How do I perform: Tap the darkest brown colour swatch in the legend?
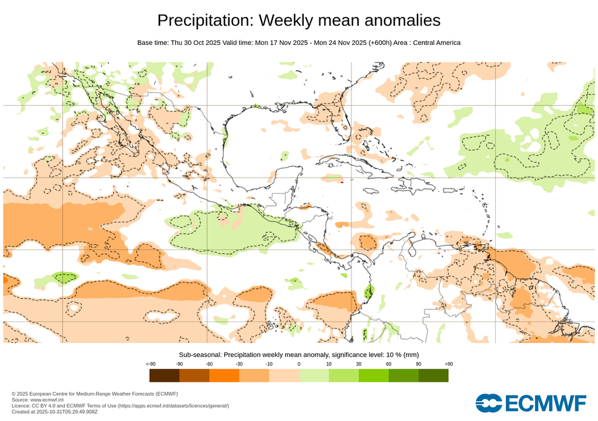[164, 375]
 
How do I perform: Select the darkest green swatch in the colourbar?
[433, 375]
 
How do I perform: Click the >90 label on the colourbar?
[448, 364]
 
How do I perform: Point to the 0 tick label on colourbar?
[299, 364]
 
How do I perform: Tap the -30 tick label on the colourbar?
[239, 364]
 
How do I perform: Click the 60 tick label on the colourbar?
[388, 364]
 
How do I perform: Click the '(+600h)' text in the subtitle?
[382, 43]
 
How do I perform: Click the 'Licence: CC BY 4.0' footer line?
[120, 405]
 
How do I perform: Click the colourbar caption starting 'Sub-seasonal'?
[298, 354]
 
